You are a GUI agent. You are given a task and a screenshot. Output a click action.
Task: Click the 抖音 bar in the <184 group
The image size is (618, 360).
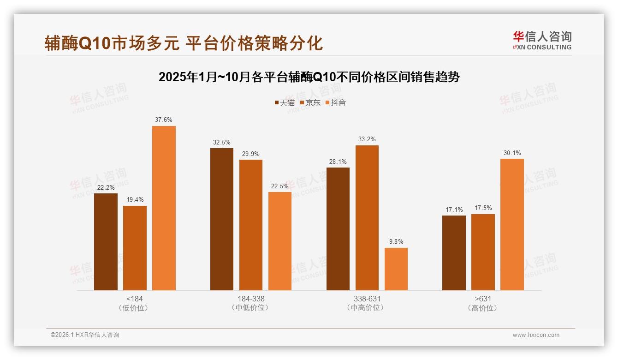[164, 208]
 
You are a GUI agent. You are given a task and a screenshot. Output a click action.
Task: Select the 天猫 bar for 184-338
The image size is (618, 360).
[222, 219]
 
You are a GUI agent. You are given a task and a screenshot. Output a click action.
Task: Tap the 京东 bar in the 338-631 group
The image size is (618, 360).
[367, 218]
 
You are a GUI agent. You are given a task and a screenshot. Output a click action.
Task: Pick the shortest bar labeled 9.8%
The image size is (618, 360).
[396, 269]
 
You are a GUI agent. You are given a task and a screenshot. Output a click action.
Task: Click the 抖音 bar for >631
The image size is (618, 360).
[512, 224]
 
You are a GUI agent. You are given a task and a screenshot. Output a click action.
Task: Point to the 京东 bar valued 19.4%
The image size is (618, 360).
[135, 248]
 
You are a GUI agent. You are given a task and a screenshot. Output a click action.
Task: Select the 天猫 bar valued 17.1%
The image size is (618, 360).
[454, 253]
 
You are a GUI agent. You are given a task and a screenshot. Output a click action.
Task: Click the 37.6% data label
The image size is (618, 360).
[164, 120]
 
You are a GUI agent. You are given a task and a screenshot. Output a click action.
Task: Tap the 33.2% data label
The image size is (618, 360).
[367, 139]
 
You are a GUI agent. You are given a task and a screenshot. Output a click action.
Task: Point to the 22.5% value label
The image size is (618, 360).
[280, 186]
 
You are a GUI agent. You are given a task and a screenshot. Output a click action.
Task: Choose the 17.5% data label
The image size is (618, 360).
[483, 208]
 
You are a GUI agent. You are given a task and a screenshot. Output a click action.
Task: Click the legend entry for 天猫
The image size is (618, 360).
[285, 103]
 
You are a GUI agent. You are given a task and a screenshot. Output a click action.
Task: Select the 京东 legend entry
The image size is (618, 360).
[310, 103]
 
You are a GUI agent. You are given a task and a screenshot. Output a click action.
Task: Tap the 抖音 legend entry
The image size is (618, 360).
[336, 103]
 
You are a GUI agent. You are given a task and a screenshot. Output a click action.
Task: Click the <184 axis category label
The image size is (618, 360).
[135, 299]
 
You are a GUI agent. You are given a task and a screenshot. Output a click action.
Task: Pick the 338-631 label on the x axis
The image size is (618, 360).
[367, 299]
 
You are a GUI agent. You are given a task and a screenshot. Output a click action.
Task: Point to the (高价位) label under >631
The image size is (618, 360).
[483, 308]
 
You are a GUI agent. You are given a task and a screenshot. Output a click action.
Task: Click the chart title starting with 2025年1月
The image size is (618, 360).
[309, 77]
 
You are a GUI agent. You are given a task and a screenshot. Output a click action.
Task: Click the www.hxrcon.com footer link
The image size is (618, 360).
[536, 335]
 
